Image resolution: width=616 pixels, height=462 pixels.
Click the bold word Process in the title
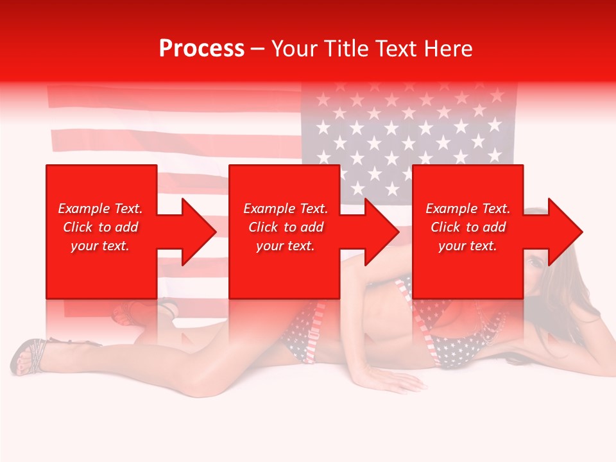(201, 49)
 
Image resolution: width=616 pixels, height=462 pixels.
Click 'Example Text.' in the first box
(100, 209)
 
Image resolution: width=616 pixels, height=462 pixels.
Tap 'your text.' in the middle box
(285, 246)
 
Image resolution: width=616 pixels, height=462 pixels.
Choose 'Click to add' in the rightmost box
(468, 227)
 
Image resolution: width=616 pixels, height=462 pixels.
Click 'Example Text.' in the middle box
(285, 209)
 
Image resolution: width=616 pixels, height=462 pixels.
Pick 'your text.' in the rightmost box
(468, 246)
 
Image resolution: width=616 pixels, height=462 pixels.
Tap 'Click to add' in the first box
(100, 227)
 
